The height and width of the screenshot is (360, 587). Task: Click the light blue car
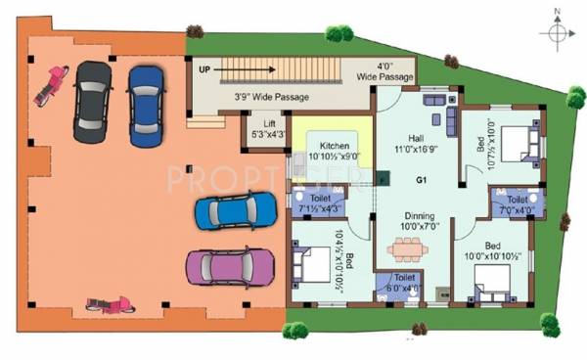coord(236,209)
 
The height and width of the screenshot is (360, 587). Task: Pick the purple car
coord(230,264)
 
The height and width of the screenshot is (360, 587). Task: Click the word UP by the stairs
coord(204,69)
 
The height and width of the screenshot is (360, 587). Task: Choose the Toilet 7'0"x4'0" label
coord(518,202)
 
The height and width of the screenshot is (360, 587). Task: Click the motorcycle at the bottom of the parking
coord(107,303)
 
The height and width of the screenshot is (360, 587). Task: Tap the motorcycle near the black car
coord(49,85)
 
